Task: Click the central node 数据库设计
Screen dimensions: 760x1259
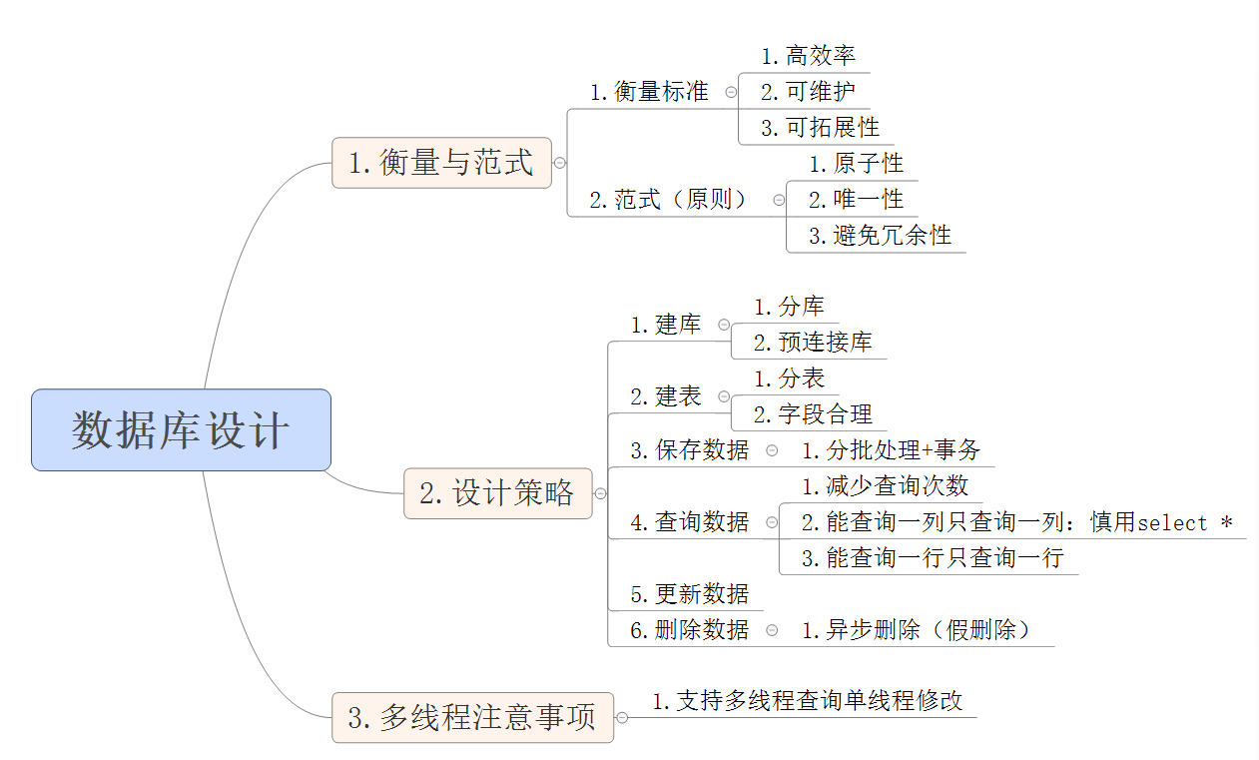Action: [181, 429]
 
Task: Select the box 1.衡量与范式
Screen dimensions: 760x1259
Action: [441, 162]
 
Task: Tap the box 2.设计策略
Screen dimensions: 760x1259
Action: [497, 492]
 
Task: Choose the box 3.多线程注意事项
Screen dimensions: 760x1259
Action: [472, 716]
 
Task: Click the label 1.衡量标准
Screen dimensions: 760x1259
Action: [649, 92]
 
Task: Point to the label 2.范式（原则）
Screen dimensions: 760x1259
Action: [669, 200]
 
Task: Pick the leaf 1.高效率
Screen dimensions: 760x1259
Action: [808, 56]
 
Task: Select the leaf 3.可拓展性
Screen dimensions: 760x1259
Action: [820, 128]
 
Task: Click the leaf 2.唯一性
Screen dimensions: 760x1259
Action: [856, 200]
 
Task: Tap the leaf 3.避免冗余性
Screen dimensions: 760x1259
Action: [880, 236]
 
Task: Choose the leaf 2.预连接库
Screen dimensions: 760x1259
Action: [813, 343]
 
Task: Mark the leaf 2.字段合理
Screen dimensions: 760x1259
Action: [813, 414]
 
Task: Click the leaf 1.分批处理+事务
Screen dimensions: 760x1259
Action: [891, 450]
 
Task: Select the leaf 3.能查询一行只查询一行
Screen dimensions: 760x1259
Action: [933, 558]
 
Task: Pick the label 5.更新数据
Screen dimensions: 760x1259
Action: [689, 594]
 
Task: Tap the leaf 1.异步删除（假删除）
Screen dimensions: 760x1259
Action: [917, 630]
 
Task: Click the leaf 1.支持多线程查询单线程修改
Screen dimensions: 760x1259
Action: [808, 701]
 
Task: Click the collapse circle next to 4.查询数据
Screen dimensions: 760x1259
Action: [772, 522]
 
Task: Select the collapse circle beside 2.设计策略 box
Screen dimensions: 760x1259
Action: [600, 493]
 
